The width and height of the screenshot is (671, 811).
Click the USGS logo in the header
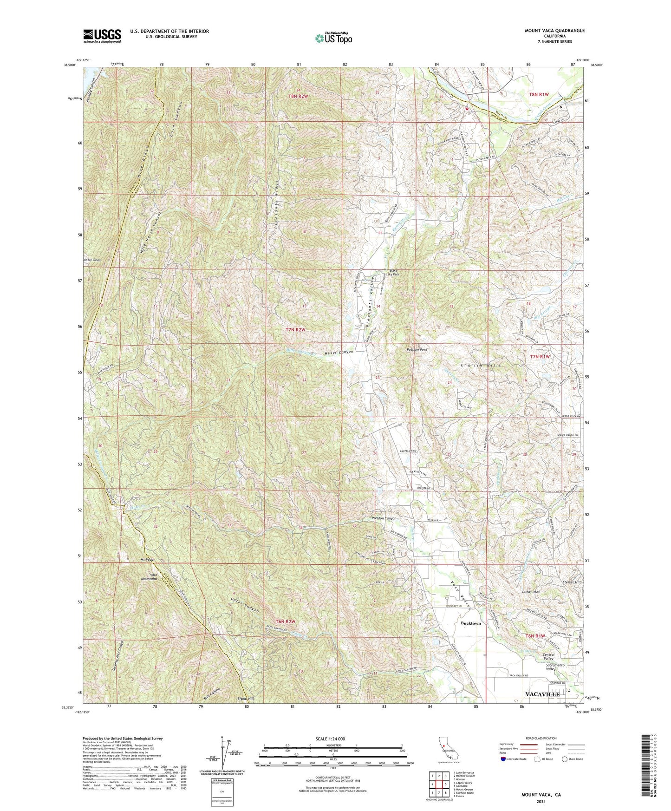[102, 35]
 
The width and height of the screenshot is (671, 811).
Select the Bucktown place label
[470, 623]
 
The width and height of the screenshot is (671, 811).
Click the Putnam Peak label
[417, 349]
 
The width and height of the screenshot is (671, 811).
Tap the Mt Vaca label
[147, 559]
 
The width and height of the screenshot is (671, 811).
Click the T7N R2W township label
[296, 330]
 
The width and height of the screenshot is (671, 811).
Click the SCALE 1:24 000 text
[329, 739]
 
